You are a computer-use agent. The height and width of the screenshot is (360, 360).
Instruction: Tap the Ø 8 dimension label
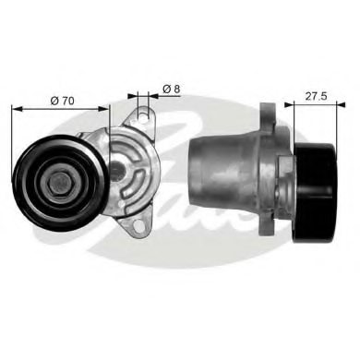[169, 89]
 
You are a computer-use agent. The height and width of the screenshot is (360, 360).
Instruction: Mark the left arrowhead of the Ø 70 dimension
[16, 107]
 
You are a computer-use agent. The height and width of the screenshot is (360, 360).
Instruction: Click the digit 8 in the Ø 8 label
[174, 89]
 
